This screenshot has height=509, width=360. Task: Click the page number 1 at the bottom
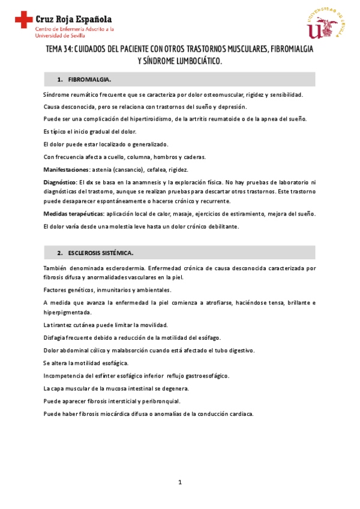(x=179, y=482)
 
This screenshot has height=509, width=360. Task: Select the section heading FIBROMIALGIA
(x=89, y=79)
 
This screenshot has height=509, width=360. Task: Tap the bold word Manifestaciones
(x=65, y=169)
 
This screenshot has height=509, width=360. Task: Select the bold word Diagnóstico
(x=60, y=181)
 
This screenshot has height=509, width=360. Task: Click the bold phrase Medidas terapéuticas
(x=74, y=214)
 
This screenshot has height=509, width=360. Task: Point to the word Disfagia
(x=56, y=338)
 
